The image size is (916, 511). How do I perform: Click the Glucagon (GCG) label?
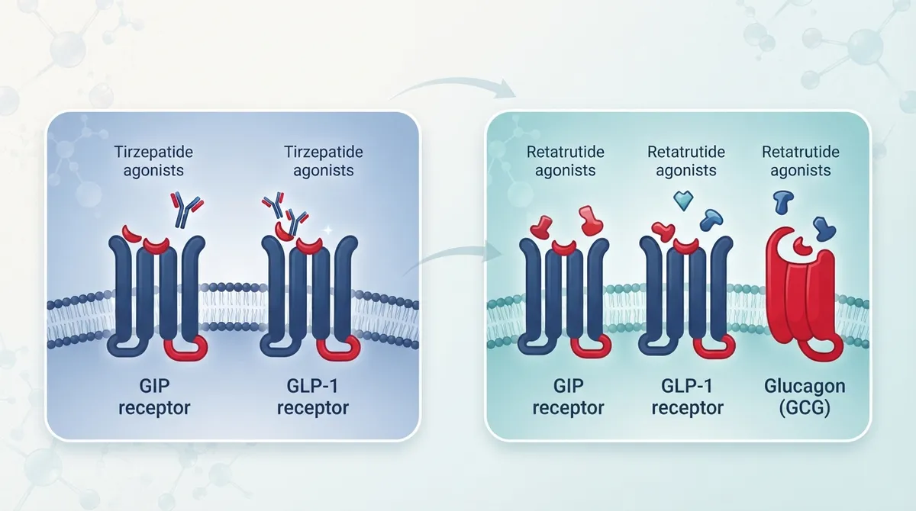tap(805, 397)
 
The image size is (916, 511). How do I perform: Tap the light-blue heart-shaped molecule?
tap(683, 201)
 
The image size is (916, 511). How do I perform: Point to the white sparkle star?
tap(327, 230)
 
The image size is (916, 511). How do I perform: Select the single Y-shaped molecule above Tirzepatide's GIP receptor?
tap(186, 209)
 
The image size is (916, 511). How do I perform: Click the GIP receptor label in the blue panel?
tap(154, 397)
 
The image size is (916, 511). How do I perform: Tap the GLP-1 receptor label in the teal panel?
tap(687, 397)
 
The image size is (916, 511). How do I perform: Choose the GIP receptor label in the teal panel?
tap(568, 397)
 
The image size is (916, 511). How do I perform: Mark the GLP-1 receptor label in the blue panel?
tap(313, 397)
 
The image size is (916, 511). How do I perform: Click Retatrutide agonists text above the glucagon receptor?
tap(800, 161)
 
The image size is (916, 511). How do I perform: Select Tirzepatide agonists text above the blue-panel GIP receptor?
tap(153, 161)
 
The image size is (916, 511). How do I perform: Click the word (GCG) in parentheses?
tap(805, 408)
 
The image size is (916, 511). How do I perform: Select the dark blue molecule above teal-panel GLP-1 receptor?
tap(711, 220)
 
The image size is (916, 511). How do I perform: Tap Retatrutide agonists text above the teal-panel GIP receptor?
tap(565, 161)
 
